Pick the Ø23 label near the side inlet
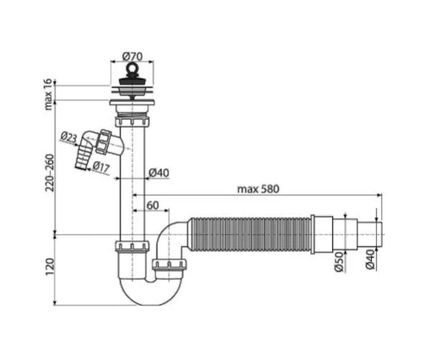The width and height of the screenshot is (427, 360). [70, 137]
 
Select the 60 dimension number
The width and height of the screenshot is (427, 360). [153, 206]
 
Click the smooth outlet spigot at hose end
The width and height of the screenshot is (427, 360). [367, 234]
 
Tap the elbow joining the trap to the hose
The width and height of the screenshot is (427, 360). [176, 237]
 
